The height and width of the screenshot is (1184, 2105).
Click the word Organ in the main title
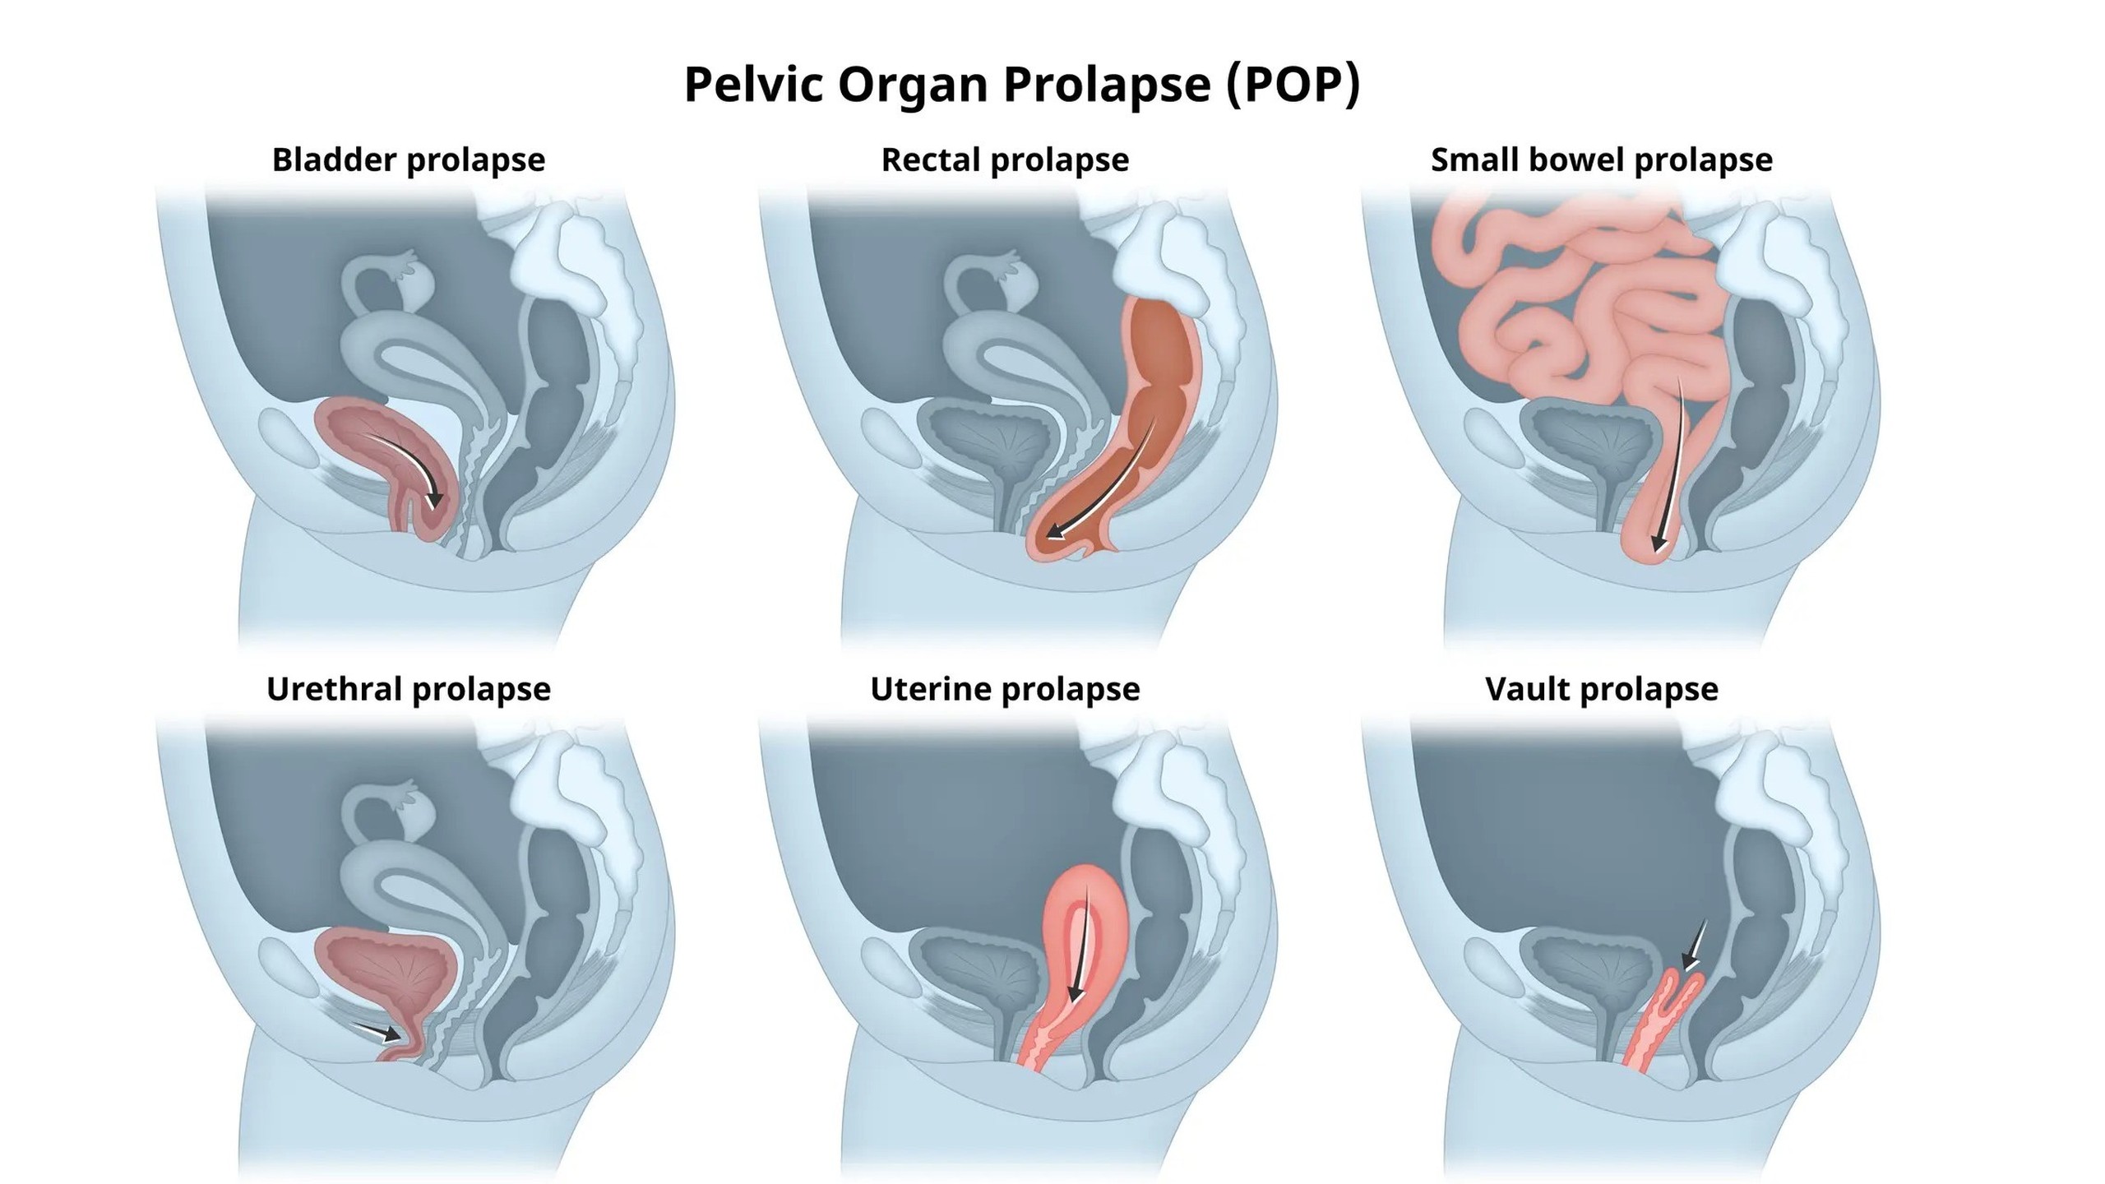coord(913,84)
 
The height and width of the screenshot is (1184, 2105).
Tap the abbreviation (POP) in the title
coord(1293,84)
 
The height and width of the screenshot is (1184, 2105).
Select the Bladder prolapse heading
coord(409,160)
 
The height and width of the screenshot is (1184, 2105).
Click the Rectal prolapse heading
coord(1005,160)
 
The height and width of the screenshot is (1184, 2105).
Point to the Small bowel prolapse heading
coord(1601,160)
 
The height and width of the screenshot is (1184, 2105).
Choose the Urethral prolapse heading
coord(409,689)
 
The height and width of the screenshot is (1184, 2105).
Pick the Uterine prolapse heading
coord(1005,689)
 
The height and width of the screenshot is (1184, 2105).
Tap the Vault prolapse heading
coord(1601,689)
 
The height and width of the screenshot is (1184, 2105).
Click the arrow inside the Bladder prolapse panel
coord(406,460)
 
